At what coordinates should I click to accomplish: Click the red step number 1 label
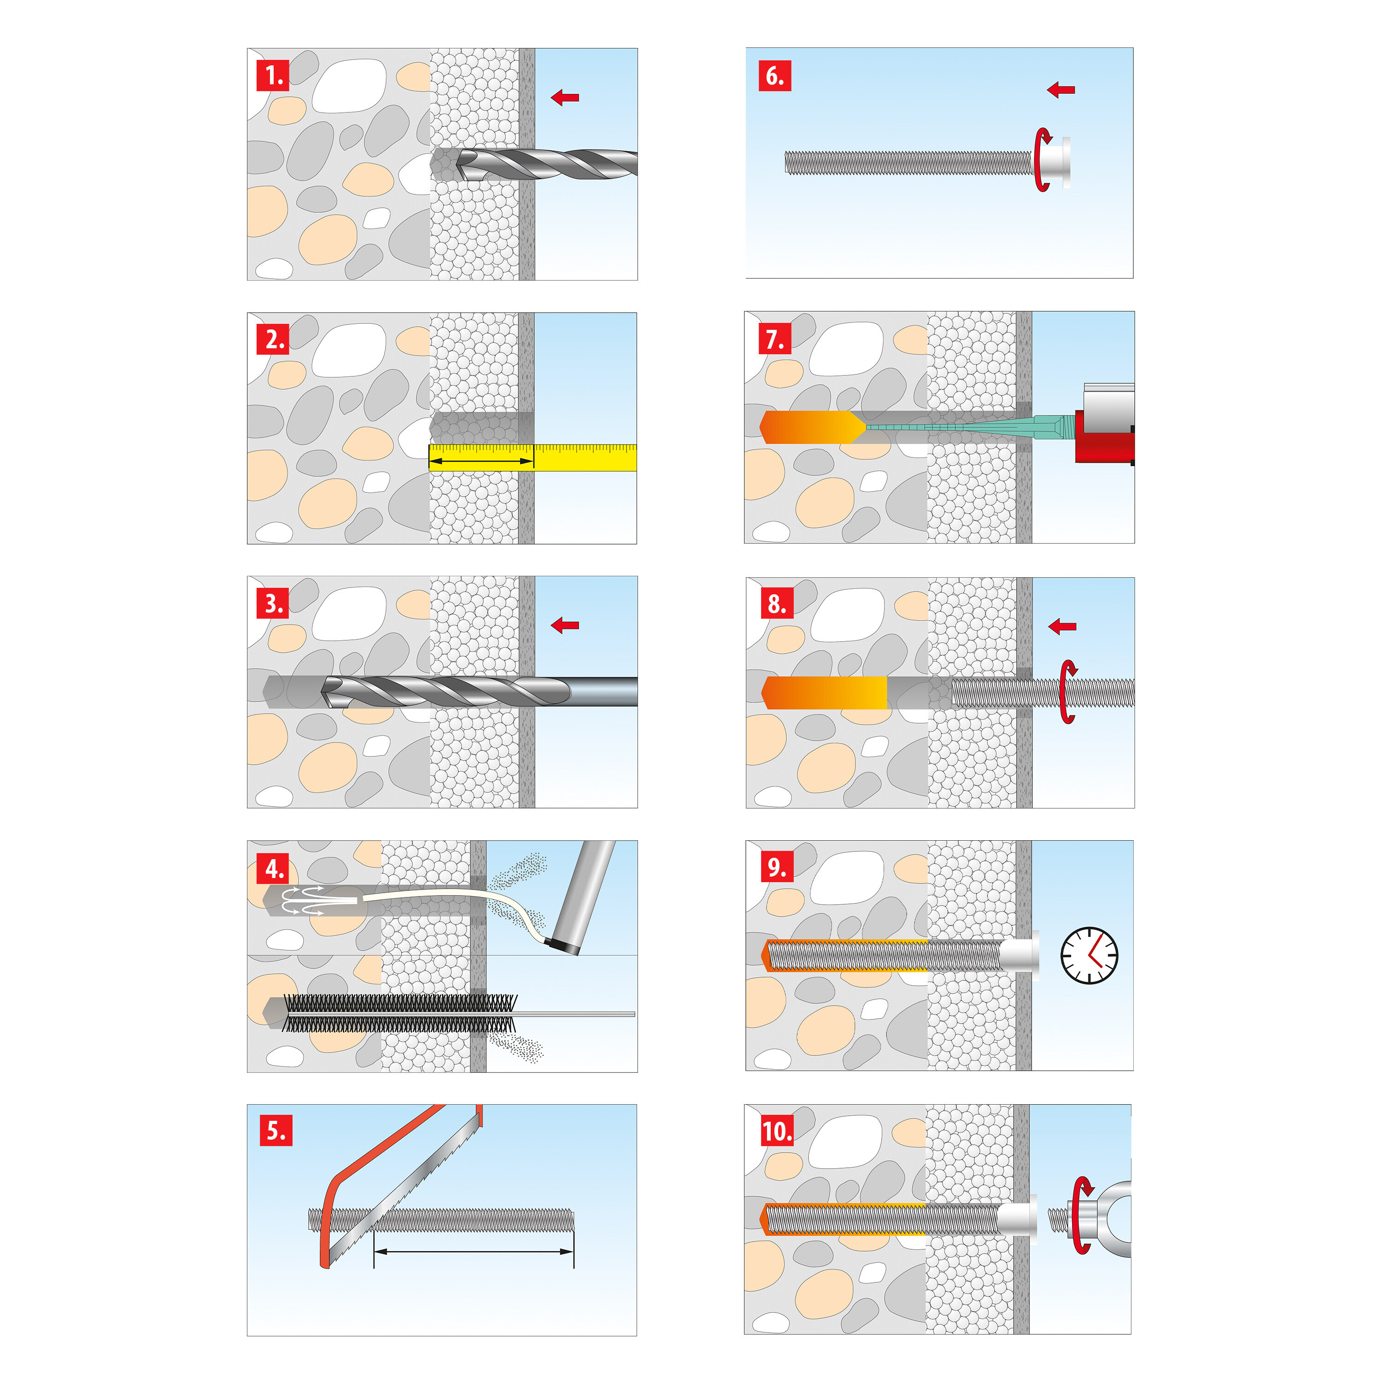(273, 75)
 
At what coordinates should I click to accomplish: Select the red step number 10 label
(777, 1131)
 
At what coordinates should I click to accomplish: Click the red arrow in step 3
(565, 625)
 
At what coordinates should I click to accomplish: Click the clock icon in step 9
(1089, 956)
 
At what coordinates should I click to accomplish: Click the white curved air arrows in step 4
(303, 901)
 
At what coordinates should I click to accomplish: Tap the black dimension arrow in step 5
(474, 1252)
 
